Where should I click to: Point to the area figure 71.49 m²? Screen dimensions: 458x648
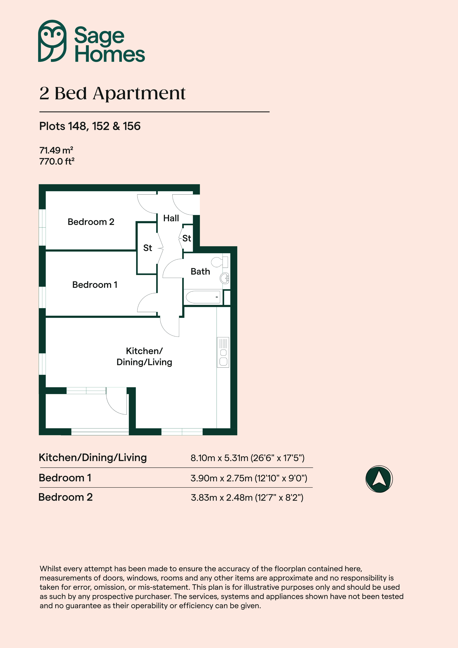[56, 150]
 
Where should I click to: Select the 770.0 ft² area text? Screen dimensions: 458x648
[57, 161]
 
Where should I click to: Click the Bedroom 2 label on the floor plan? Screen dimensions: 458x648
[91, 222]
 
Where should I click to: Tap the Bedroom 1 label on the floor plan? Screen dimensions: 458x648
[95, 285]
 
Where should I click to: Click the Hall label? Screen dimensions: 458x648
[171, 218]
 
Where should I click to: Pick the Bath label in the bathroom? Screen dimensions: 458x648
[200, 272]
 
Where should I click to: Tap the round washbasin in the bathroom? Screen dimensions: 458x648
[225, 278]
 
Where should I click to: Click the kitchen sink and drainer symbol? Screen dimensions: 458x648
[223, 352]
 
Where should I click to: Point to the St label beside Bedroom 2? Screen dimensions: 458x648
[148, 248]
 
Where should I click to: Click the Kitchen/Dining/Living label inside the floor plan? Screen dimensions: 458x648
[144, 357]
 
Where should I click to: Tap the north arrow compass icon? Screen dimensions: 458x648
[379, 479]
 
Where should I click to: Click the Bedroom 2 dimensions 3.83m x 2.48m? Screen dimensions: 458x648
[222, 498]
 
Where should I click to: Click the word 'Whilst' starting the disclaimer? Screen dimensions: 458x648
[52, 569]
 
